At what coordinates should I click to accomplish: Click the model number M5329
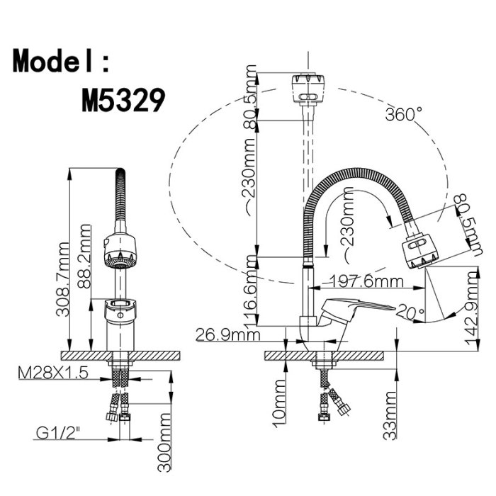click(x=123, y=100)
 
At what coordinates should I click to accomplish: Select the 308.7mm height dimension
click(x=62, y=279)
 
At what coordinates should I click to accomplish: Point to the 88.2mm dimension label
click(x=84, y=257)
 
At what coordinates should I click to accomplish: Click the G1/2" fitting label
click(x=57, y=433)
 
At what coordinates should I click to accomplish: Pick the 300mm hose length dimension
click(x=164, y=442)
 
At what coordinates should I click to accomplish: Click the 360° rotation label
click(x=404, y=114)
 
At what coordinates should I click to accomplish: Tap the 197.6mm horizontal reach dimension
click(x=366, y=281)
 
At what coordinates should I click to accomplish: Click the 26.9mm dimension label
click(x=227, y=334)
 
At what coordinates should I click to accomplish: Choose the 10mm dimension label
click(x=279, y=403)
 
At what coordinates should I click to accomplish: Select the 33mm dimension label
click(x=390, y=415)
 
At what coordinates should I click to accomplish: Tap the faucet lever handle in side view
click(x=357, y=308)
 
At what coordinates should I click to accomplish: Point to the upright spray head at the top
click(x=308, y=89)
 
